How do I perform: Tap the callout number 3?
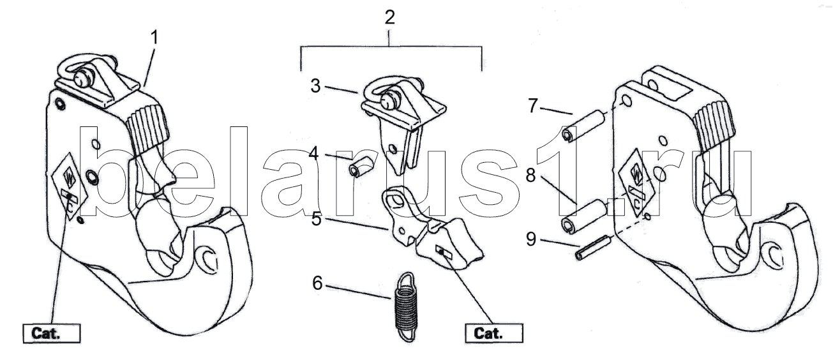(315, 85)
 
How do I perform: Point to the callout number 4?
(315, 153)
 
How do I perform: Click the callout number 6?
(317, 283)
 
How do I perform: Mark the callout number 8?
(532, 176)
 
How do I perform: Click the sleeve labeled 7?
(583, 126)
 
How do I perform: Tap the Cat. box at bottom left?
(52, 333)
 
